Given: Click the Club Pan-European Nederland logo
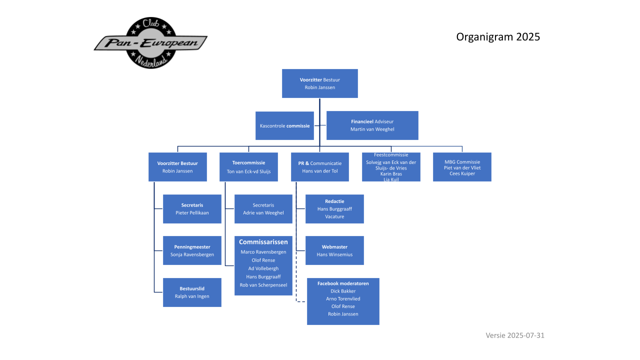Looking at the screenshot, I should pos(150,43).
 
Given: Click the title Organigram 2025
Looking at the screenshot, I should pos(498,36).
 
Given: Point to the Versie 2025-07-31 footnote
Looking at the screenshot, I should pos(514,335).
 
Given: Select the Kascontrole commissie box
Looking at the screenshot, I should pos(284,125).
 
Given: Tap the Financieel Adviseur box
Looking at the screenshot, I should pos(372,125).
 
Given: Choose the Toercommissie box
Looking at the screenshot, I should pos(248,167).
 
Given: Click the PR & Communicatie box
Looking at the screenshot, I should pos(320,167).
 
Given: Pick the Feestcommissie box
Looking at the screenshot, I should pos(391,167).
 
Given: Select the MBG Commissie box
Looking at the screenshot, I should pos(462,167).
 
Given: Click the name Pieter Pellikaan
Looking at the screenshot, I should pos(192,213).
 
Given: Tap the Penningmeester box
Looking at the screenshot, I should pos(192,250).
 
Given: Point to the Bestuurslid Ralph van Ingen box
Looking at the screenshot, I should pos(192,292).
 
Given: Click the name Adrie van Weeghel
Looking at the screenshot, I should pos(263,213).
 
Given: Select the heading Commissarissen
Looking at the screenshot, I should pos(263,242).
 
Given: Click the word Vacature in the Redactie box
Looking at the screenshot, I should pos(334,217).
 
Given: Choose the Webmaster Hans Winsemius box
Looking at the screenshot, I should pos(334,250).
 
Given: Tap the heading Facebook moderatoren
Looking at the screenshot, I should pos(343,283).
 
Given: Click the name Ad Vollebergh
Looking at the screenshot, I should pos(263,268).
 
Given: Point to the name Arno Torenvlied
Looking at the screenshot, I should pos(343,299).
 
